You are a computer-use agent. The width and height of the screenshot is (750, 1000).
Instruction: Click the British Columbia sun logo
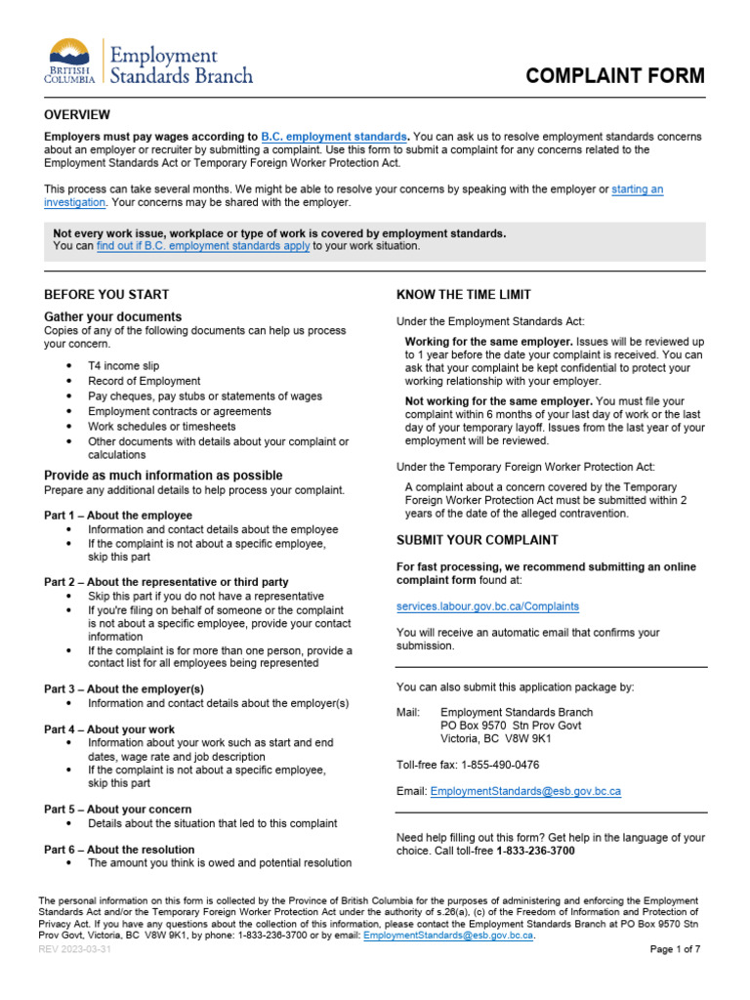(68, 54)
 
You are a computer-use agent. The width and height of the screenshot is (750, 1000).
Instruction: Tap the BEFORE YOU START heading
(106, 294)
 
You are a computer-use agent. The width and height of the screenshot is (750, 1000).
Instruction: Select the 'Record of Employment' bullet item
(144, 381)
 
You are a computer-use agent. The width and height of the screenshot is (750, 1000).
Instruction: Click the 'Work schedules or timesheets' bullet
(161, 427)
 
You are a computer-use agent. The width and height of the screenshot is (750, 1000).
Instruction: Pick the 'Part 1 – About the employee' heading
(118, 515)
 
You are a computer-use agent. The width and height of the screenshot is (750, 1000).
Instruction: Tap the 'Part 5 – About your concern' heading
(117, 810)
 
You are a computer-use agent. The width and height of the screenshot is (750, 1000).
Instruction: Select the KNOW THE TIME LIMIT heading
(464, 295)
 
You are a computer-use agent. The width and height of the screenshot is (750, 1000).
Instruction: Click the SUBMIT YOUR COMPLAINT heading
(478, 540)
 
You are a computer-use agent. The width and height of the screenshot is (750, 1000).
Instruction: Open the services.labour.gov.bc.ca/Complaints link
(487, 606)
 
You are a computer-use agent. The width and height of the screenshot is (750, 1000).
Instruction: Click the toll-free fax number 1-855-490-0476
(494, 765)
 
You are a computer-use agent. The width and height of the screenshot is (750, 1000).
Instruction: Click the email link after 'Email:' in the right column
(525, 790)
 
